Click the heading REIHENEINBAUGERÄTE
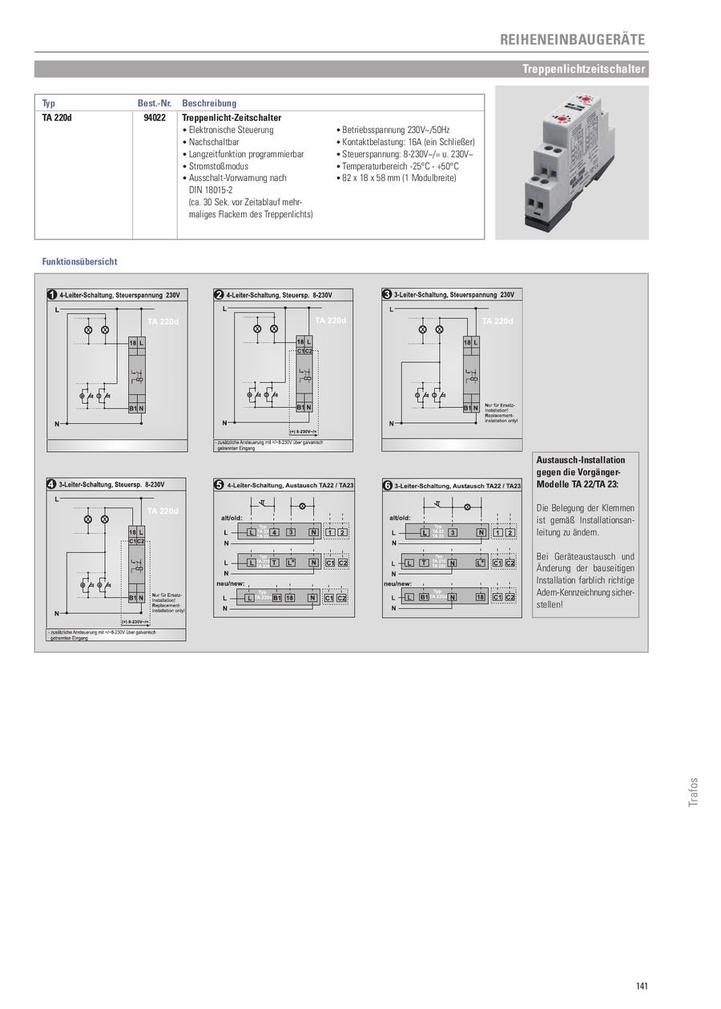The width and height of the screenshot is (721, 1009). [x=572, y=39]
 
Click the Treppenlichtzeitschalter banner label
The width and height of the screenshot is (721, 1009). [x=583, y=70]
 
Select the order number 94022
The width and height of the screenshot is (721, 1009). [x=155, y=117]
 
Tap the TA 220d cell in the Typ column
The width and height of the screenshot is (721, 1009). [x=57, y=117]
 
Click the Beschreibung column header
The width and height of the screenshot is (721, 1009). [x=209, y=103]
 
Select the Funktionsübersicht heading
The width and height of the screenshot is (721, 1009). [x=79, y=261]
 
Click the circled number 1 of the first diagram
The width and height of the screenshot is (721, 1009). [x=52, y=294]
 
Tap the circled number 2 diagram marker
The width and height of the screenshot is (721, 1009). [x=219, y=294]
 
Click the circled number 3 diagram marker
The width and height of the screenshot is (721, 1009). [x=387, y=294]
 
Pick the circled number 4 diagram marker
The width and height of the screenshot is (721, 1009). [x=52, y=484]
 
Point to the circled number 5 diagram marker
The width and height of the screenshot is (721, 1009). [x=219, y=485]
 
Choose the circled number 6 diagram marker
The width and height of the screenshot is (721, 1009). [x=387, y=485]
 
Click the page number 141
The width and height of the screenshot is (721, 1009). [x=641, y=985]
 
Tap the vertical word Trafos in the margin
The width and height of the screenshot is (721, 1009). [x=694, y=792]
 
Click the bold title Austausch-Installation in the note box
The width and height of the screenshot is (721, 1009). [x=580, y=460]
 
